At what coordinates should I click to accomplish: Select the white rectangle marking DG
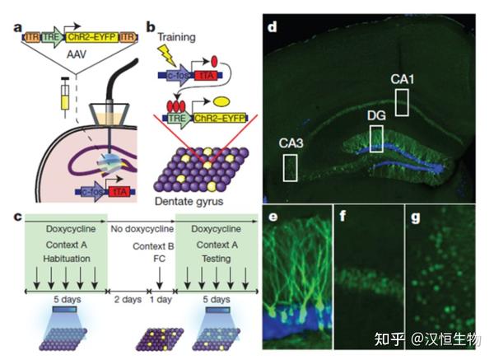coord(375,138)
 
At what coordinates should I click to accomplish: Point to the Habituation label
coord(62,255)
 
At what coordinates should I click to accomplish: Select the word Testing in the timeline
coord(212,255)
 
